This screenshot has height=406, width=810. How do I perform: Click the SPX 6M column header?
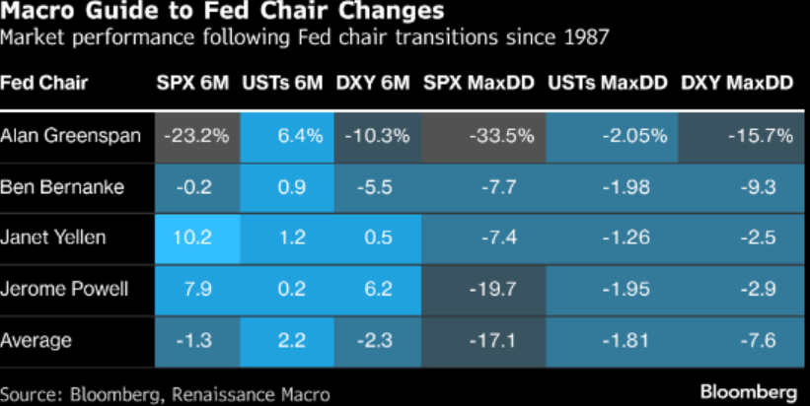point(192,83)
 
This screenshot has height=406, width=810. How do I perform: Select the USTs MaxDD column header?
point(608,83)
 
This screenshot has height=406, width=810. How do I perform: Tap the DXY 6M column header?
point(373,83)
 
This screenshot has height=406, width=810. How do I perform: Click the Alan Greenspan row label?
point(70,136)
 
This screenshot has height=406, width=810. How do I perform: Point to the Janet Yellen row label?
point(52,237)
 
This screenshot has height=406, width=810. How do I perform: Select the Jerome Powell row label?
point(64,289)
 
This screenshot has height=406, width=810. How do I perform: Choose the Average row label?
point(36,341)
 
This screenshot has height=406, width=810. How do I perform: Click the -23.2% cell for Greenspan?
point(196,136)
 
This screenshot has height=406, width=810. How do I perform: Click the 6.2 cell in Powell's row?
point(378,289)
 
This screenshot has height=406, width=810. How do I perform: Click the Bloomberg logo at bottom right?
point(749,392)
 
